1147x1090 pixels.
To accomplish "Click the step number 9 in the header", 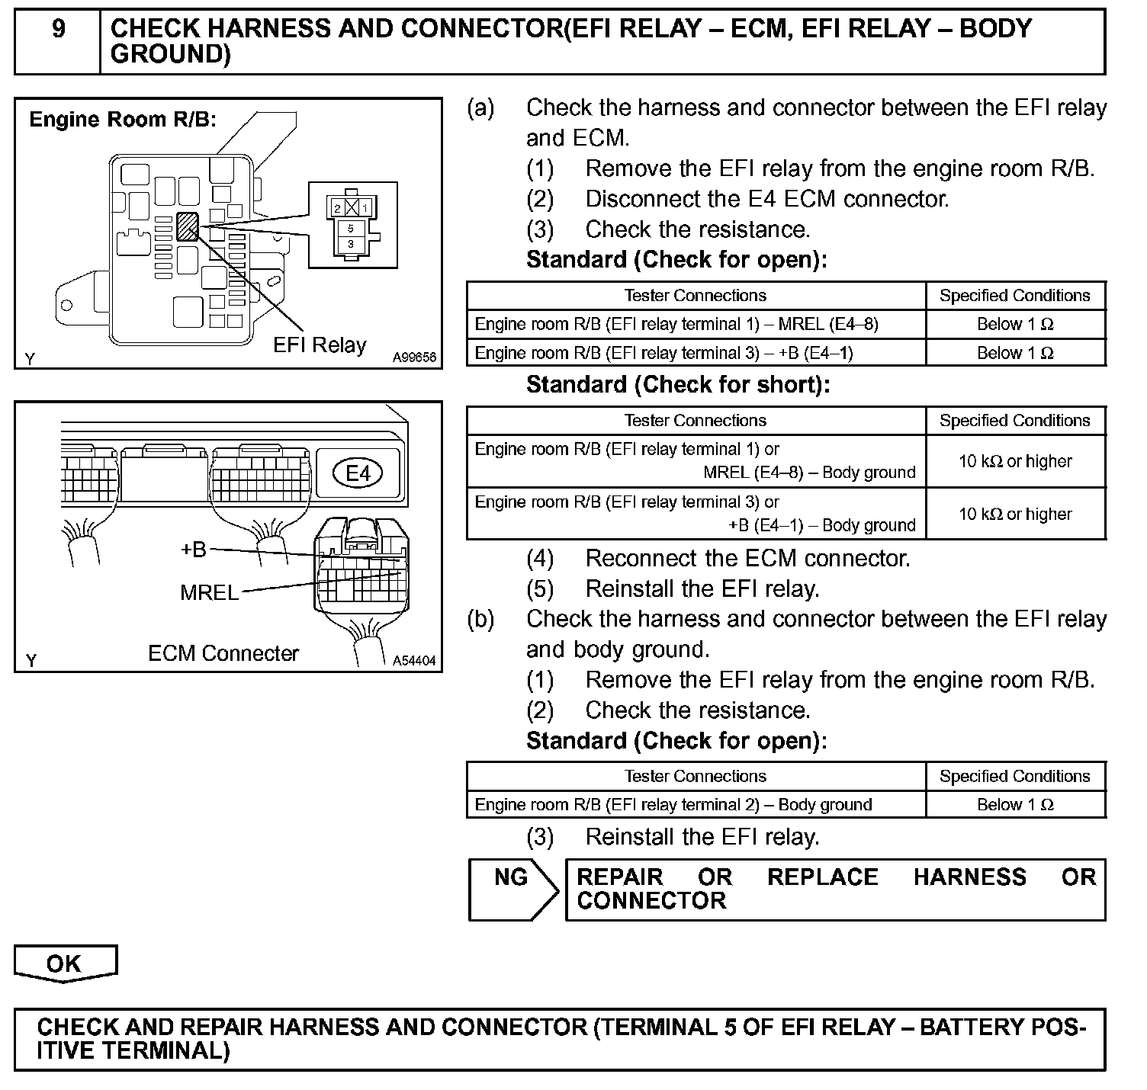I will click(x=58, y=30).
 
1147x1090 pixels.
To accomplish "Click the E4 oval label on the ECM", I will click(x=358, y=473).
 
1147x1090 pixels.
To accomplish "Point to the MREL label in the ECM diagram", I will click(x=209, y=592).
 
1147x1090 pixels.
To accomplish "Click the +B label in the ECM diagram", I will click(x=194, y=550).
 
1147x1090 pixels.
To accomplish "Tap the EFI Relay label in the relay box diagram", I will click(x=320, y=345).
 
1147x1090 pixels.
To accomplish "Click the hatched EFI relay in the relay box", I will click(x=187, y=226).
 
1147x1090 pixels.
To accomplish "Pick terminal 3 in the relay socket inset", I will click(x=350, y=244).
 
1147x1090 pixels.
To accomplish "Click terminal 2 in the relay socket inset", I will click(x=337, y=207).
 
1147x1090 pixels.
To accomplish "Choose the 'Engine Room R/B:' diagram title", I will click(x=123, y=120).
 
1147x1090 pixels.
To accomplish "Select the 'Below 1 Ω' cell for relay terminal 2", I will click(x=1015, y=805).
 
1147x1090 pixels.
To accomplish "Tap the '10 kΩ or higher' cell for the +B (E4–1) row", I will click(x=1015, y=515).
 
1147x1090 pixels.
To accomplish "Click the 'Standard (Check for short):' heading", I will click(x=677, y=385).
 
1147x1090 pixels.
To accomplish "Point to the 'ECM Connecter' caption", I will click(x=223, y=654).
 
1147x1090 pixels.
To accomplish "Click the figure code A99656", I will click(x=414, y=357).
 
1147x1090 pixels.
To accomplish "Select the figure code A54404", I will click(x=414, y=661).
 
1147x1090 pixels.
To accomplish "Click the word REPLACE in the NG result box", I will click(x=822, y=877).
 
